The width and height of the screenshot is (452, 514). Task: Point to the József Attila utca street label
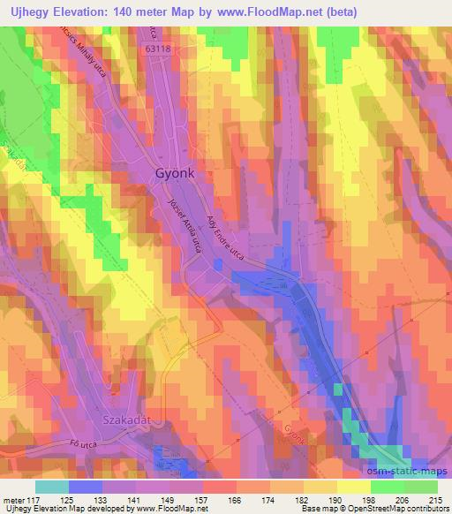185,226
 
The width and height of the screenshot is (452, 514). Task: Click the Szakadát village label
128,420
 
